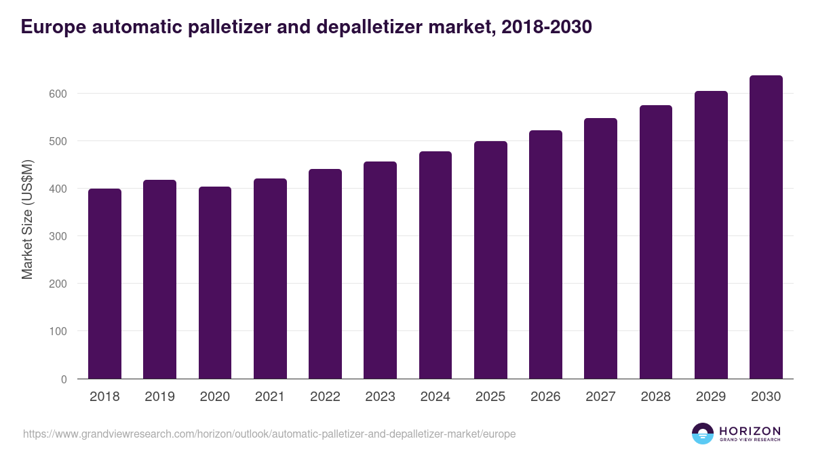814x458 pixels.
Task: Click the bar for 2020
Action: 215,283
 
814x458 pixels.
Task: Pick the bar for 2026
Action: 545,254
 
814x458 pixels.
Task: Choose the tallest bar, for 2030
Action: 766,227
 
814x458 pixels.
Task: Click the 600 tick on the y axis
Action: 58,94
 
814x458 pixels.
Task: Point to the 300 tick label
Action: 58,236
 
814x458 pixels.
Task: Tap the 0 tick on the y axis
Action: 64,379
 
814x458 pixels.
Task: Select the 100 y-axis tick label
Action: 58,332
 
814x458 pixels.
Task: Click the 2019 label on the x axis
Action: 159,397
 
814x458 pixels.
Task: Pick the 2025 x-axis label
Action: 490,397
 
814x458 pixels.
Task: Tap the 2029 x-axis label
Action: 711,397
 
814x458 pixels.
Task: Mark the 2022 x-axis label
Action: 325,397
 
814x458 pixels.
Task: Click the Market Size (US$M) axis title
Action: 27,219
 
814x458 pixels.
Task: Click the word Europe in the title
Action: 50,26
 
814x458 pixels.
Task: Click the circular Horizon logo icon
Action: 703,434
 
